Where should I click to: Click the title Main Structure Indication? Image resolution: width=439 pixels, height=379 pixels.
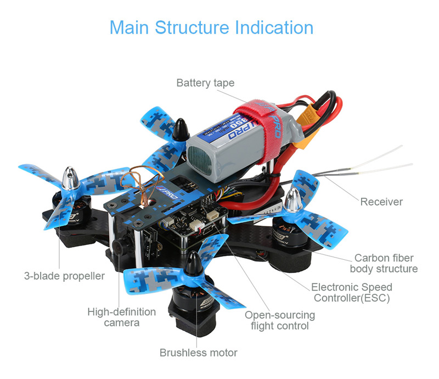pyautogui.click(x=211, y=27)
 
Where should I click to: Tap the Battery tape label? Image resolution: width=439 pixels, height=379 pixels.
pyautogui.click(x=205, y=83)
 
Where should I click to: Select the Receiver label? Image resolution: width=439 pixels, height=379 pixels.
pyautogui.click(x=381, y=202)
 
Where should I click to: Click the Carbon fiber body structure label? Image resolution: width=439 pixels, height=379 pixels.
pyautogui.click(x=384, y=263)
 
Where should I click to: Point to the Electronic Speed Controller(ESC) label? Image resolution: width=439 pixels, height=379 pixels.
pyautogui.click(x=352, y=293)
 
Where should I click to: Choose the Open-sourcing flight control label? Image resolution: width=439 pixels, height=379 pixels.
pyautogui.click(x=280, y=320)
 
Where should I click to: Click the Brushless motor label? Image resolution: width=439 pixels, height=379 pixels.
pyautogui.click(x=199, y=353)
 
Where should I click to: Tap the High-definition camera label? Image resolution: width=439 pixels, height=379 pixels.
pyautogui.click(x=122, y=317)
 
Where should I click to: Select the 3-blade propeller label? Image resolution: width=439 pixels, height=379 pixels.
pyautogui.click(x=64, y=276)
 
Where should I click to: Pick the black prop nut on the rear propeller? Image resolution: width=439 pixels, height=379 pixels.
pyautogui.click(x=179, y=130)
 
